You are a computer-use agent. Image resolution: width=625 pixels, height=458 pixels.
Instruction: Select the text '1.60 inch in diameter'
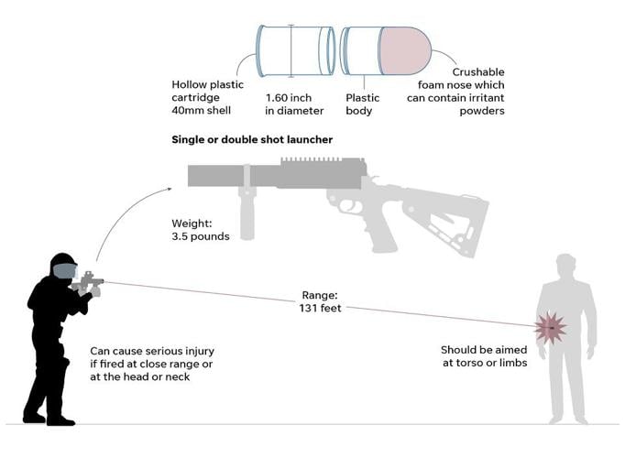294,104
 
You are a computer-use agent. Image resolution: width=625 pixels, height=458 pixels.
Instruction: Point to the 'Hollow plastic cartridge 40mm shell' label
208,97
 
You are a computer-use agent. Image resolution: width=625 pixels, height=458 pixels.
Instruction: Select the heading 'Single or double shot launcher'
252,139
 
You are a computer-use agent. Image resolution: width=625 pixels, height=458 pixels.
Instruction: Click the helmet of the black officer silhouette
62,266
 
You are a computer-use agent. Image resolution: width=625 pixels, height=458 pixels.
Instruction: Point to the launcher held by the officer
89,281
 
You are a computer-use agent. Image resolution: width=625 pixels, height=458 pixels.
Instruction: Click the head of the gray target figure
565,267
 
